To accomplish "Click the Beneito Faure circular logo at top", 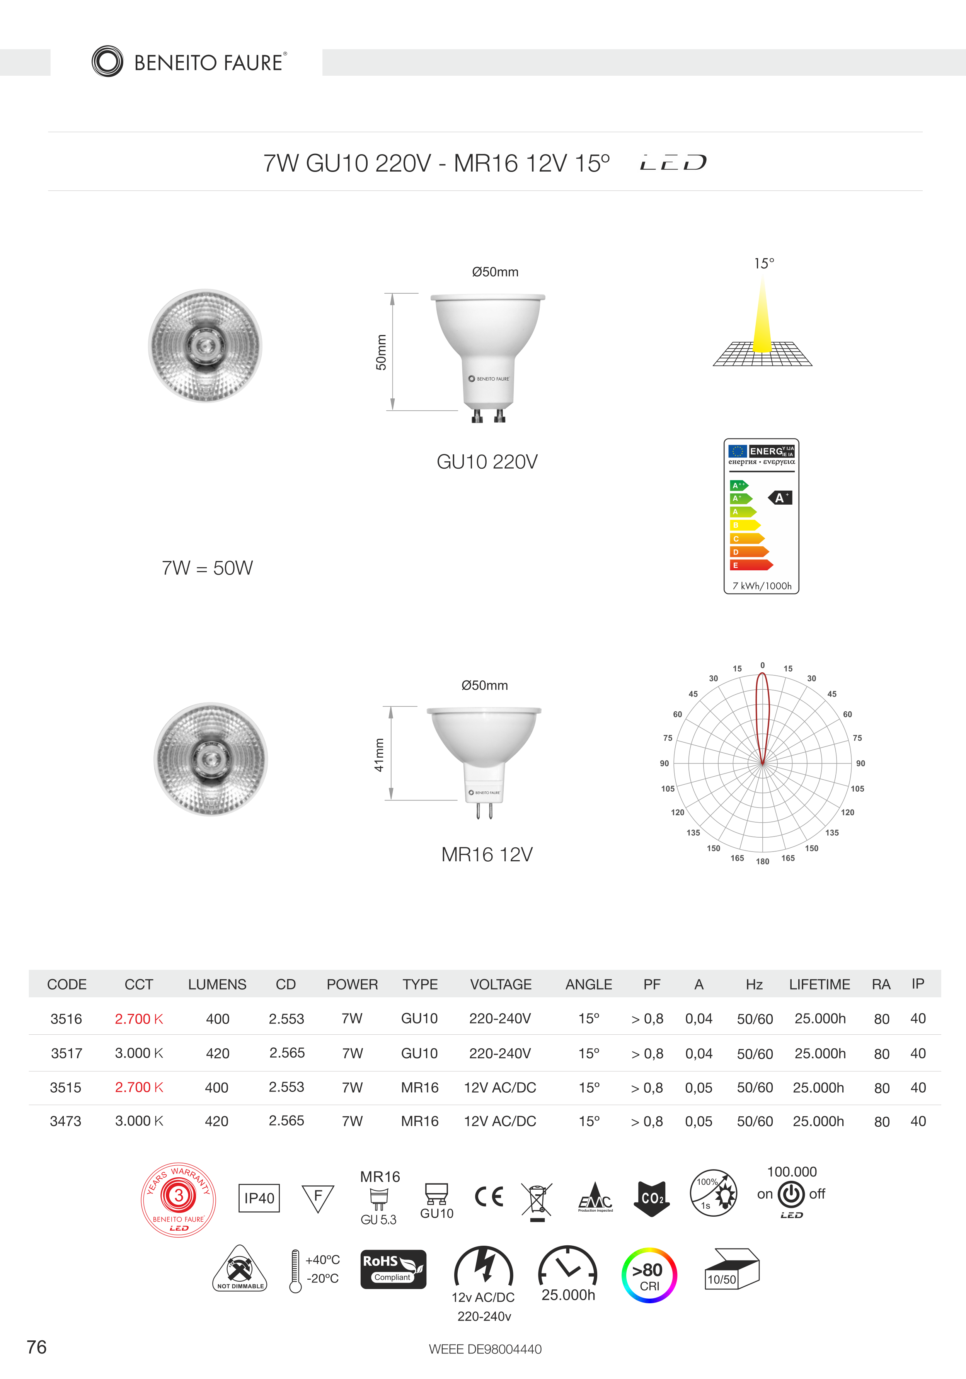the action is tap(107, 61).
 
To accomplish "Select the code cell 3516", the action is tap(66, 1019).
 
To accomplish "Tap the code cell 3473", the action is tap(65, 1121).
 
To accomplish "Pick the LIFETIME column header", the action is tap(819, 985).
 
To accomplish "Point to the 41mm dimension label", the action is tap(379, 754).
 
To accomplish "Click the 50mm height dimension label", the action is tap(381, 352).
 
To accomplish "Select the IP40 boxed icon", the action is tap(259, 1198).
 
